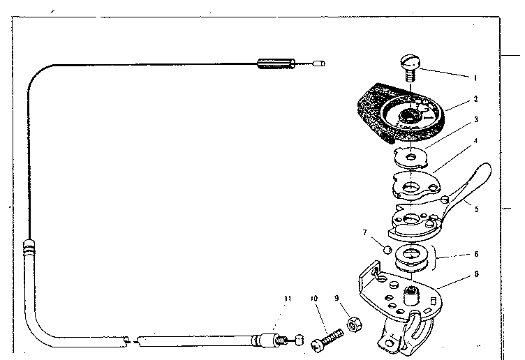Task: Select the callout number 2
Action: (x=475, y=100)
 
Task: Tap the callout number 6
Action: (x=475, y=255)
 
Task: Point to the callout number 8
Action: (x=475, y=274)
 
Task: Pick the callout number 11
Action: (x=286, y=298)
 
